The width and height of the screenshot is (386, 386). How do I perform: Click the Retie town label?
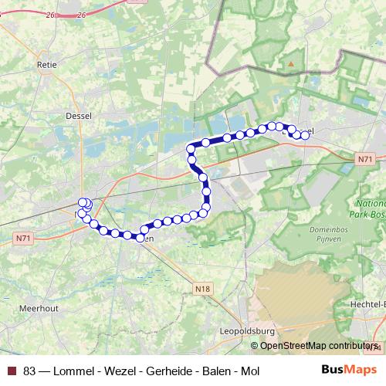(x=47, y=66)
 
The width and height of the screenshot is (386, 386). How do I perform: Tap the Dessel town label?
(x=80, y=116)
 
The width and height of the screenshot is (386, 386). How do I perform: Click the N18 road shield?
(x=202, y=289)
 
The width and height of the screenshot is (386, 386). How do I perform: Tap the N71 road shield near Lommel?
(x=365, y=159)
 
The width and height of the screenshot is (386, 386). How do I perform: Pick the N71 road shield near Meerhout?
(x=24, y=239)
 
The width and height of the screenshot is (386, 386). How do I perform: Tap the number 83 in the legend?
(x=29, y=371)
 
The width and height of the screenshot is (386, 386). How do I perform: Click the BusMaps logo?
(x=349, y=371)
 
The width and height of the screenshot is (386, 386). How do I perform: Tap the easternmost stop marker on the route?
(x=305, y=135)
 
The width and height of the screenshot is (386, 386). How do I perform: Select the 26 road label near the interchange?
(x=80, y=14)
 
